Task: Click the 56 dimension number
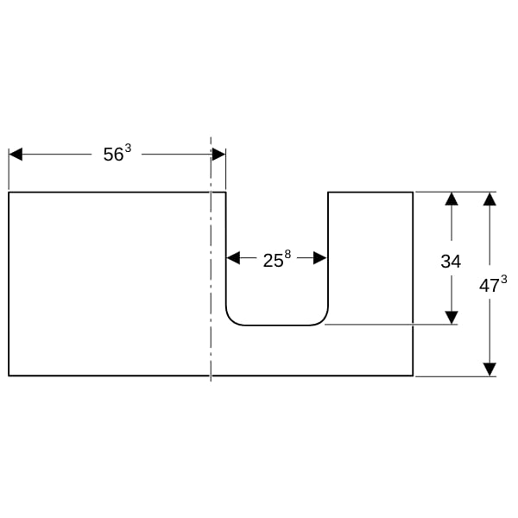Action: (x=113, y=155)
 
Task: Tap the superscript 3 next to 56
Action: (x=128, y=148)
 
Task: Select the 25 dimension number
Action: (x=273, y=261)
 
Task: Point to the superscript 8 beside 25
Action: (x=287, y=255)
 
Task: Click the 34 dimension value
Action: (x=451, y=262)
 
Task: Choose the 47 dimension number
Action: (x=490, y=286)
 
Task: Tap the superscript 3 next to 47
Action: (x=504, y=280)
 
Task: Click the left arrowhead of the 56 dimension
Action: (x=16, y=155)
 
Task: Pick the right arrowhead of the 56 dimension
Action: (x=218, y=155)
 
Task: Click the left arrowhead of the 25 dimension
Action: (x=233, y=258)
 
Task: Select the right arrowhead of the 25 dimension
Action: (x=320, y=258)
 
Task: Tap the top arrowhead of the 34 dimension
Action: (x=452, y=199)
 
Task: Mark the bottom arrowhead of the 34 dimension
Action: (x=452, y=318)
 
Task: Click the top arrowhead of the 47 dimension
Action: (x=490, y=199)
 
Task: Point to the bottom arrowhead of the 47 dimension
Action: (x=490, y=370)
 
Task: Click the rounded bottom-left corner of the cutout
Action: (x=231, y=320)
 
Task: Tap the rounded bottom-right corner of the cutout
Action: (x=323, y=320)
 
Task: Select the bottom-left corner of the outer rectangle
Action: (x=9, y=376)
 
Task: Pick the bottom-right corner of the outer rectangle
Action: (x=413, y=376)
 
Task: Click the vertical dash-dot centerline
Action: (x=211, y=259)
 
